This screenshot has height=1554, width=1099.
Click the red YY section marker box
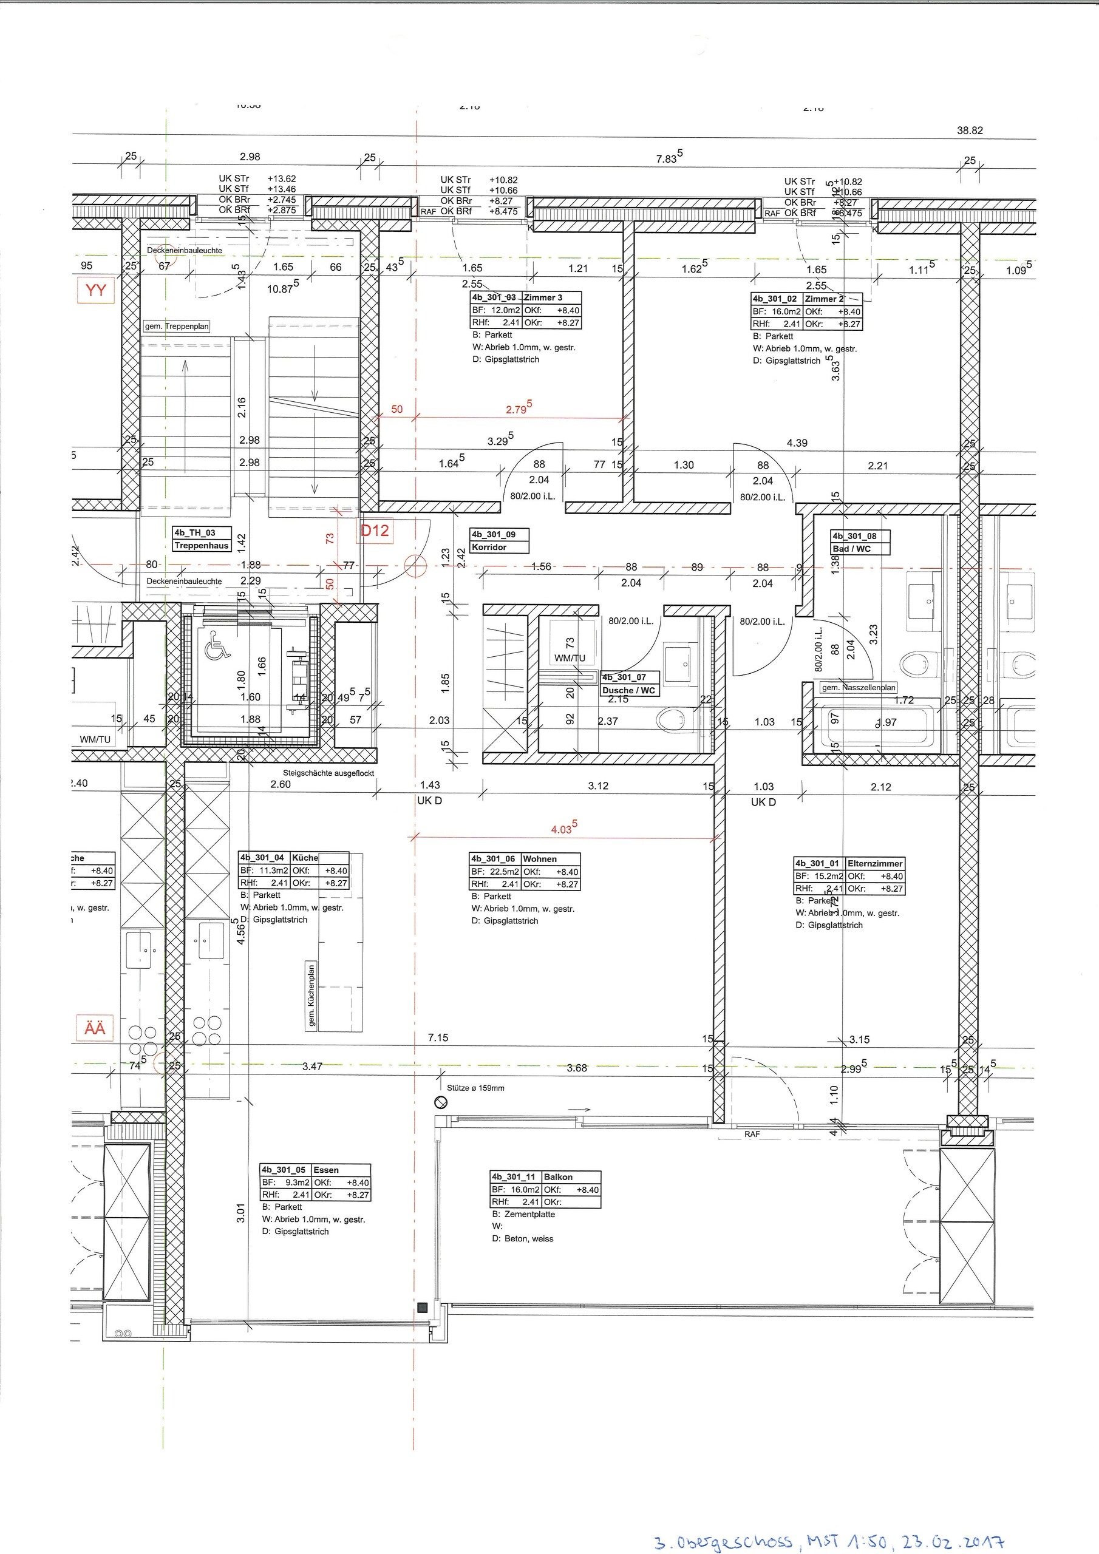pyautogui.click(x=96, y=290)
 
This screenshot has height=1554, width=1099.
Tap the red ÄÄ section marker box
pyautogui.click(x=95, y=1028)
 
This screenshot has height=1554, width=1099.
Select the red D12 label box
pyautogui.click(x=375, y=531)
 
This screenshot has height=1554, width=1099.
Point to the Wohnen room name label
pyautogui.click(x=540, y=859)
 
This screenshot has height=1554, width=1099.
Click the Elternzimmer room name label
pyautogui.click(x=874, y=864)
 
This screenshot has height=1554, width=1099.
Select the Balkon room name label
pyautogui.click(x=558, y=1177)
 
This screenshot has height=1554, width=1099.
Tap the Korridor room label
pyautogui.click(x=489, y=547)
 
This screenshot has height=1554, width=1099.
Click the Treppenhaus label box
pyautogui.click(x=202, y=546)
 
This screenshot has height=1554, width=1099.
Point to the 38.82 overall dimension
pyautogui.click(x=970, y=131)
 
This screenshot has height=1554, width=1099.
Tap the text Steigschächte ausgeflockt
pyautogui.click(x=328, y=773)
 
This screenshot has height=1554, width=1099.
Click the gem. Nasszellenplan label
pyautogui.click(x=857, y=688)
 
